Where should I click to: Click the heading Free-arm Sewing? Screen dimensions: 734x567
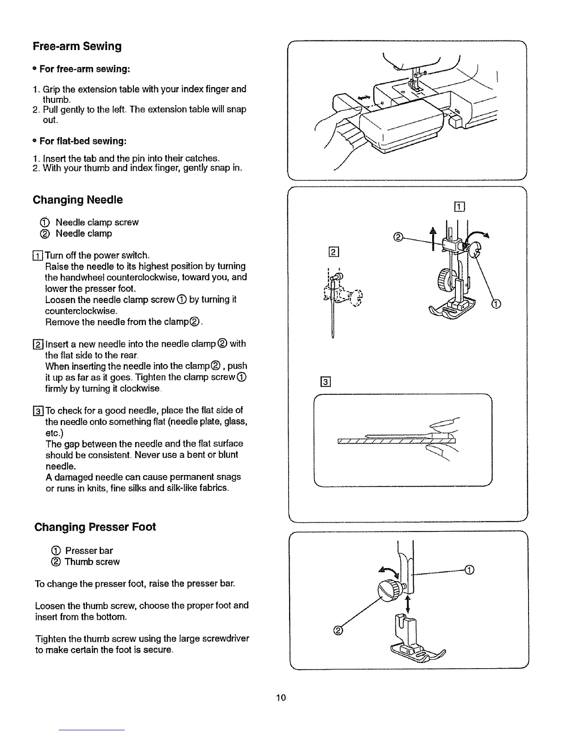77,46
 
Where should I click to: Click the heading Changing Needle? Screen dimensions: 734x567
78,200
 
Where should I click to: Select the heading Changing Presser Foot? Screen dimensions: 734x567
95,527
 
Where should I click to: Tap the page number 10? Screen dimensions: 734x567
282,697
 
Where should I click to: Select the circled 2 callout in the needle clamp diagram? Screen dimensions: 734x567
397,237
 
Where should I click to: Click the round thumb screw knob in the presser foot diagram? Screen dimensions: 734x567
389,590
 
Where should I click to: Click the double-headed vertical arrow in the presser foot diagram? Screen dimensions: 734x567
408,604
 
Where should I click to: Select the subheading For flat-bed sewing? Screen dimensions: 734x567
83,141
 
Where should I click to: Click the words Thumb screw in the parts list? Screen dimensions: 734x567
92,562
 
